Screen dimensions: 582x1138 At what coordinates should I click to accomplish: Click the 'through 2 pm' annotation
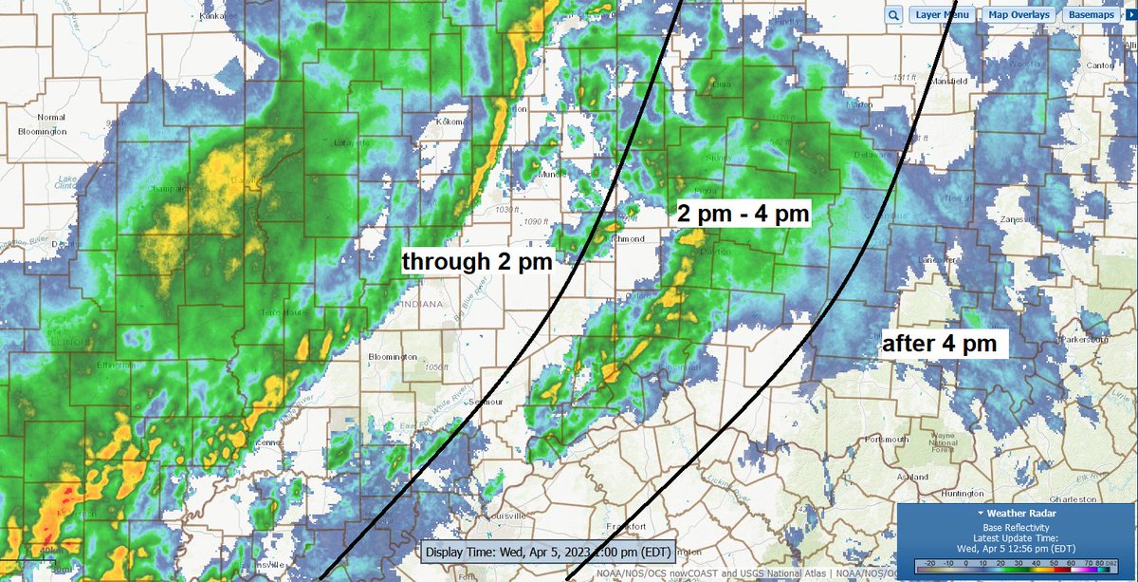(477, 258)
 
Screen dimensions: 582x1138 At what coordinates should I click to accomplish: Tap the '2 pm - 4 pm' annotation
(742, 214)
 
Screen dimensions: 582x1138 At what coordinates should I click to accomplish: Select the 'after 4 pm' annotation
(939, 343)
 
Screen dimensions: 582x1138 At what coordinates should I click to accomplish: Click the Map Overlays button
(1018, 15)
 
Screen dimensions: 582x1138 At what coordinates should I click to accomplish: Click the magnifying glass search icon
(893, 15)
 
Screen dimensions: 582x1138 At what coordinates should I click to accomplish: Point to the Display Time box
(547, 551)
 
